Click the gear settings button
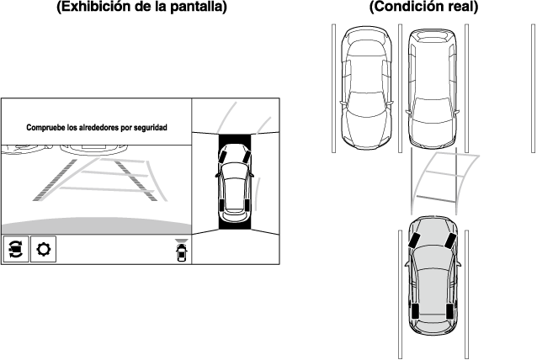[x=43, y=249]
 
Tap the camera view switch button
[x=16, y=249]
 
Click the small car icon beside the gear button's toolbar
[x=182, y=251]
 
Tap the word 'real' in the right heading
[x=462, y=6]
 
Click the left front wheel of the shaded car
[x=414, y=241]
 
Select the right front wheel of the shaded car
[x=450, y=241]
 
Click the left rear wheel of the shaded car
[x=416, y=311]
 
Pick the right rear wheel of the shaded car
[x=449, y=311]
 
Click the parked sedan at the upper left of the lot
[x=366, y=88]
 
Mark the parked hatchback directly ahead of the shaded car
[x=433, y=88]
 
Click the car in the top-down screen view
[x=235, y=183]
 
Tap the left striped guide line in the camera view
[x=56, y=180]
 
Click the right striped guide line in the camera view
[x=136, y=180]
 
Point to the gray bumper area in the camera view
[x=96, y=226]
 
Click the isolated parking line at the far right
[x=533, y=88]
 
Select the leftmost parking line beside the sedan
[x=333, y=88]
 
